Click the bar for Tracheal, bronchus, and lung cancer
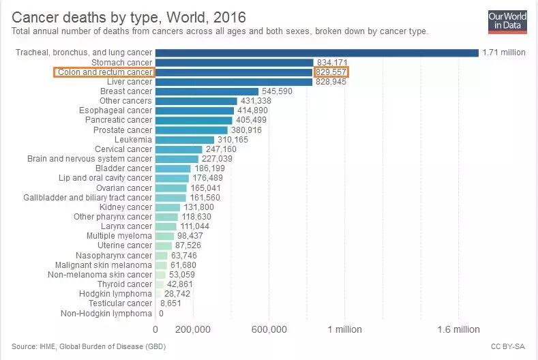(317, 52)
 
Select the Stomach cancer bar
(234, 62)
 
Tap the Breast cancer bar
(207, 91)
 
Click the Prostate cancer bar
(192, 130)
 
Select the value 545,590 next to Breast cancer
(277, 91)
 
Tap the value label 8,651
(171, 303)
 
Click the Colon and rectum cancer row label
(104, 72)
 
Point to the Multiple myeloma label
(119, 235)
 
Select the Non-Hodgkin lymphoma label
(106, 313)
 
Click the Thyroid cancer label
(125, 284)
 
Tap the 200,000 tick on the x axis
(193, 329)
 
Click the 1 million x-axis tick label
(344, 329)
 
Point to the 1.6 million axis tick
(458, 329)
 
